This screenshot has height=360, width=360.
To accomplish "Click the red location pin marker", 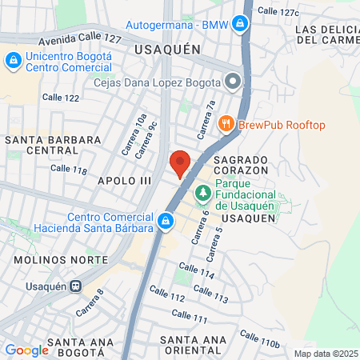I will click(180, 163).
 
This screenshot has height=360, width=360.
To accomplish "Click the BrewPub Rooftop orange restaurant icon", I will click(226, 124).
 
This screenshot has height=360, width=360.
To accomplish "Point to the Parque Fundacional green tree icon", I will click(203, 194).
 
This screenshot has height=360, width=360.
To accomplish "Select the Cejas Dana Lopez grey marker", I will click(233, 82).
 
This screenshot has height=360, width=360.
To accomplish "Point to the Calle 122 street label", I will click(62, 98).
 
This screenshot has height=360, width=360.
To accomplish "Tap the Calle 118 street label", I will click(68, 170).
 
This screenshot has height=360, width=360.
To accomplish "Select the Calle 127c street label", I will click(278, 11).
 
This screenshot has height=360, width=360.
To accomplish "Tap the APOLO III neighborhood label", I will click(124, 181).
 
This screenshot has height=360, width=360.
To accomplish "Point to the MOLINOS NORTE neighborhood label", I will click(61, 261).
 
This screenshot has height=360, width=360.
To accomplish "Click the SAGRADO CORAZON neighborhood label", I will click(245, 166).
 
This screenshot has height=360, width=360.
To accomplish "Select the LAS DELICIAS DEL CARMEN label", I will click(327, 35).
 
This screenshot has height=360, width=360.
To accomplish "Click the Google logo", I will click(26, 350).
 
